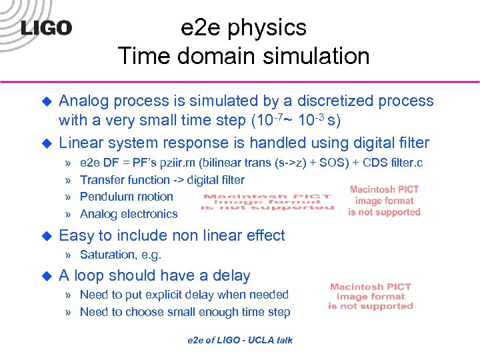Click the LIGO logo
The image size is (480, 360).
pyautogui.click(x=46, y=28)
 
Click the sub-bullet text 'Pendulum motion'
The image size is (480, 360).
pyautogui.click(x=126, y=197)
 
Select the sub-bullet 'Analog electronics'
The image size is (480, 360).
pyautogui.click(x=129, y=214)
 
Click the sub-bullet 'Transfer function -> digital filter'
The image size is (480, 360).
pyautogui.click(x=162, y=179)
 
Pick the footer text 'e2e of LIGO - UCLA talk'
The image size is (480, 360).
pyautogui.click(x=240, y=340)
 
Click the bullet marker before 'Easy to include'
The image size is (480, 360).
pyautogui.click(x=46, y=235)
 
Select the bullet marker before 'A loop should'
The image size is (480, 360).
pyautogui.click(x=46, y=276)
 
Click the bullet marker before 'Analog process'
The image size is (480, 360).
pyautogui.click(x=46, y=101)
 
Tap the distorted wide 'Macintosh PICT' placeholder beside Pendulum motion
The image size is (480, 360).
pyautogui.click(x=267, y=203)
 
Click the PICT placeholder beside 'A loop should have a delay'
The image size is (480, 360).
pyautogui.click(x=371, y=297)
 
